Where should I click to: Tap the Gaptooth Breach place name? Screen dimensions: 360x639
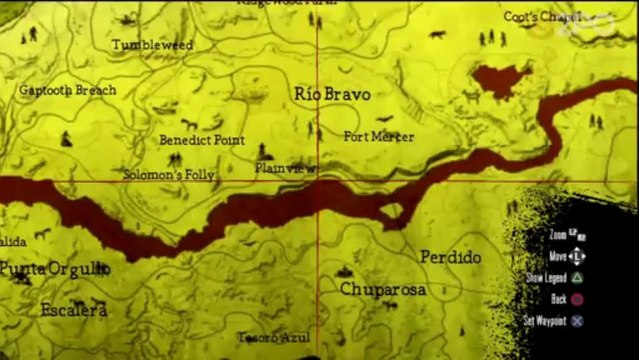pyautogui.click(x=68, y=90)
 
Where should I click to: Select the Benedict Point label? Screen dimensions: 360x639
pyautogui.click(x=202, y=140)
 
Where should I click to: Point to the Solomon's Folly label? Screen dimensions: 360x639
pyautogui.click(x=169, y=174)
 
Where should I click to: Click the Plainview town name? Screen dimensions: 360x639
pyautogui.click(x=279, y=167)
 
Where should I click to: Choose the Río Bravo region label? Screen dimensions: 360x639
pyautogui.click(x=333, y=94)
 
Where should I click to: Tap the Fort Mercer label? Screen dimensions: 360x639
pyautogui.click(x=378, y=136)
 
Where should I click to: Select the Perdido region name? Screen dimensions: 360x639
pyautogui.click(x=450, y=257)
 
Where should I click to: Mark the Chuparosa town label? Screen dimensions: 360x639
pyautogui.click(x=383, y=290)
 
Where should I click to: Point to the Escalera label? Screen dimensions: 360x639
pyautogui.click(x=74, y=310)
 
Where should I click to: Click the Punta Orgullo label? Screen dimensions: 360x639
pyautogui.click(x=54, y=269)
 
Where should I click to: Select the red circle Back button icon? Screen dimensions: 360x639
pyautogui.click(x=577, y=299)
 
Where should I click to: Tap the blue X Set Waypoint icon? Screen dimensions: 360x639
pyautogui.click(x=577, y=321)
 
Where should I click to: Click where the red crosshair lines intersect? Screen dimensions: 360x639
pyautogui.click(x=318, y=181)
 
